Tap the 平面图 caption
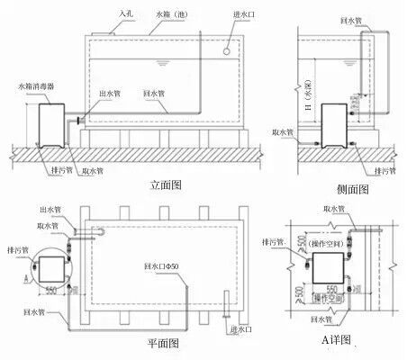point(163,343)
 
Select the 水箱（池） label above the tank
point(166,13)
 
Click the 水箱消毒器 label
point(37,86)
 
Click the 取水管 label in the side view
point(282,132)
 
